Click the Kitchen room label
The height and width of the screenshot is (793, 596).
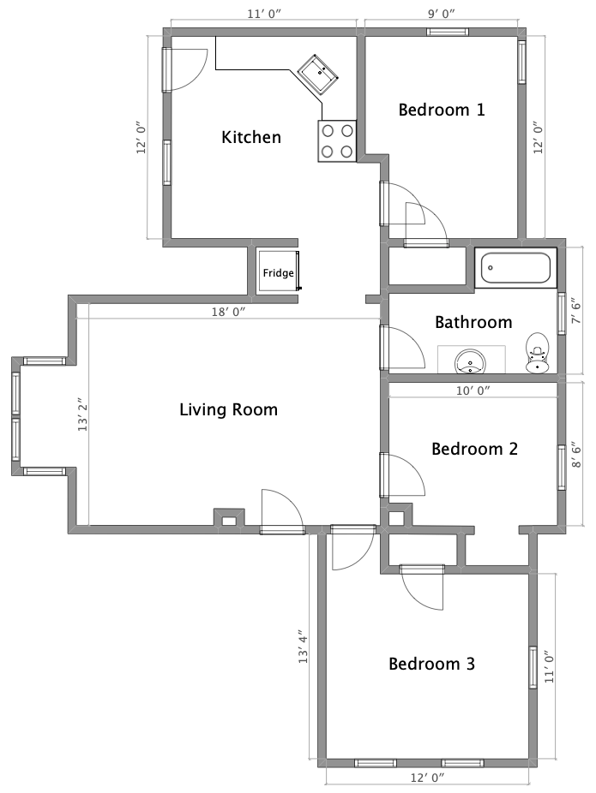[251, 137]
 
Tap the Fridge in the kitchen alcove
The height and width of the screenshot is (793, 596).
[278, 271]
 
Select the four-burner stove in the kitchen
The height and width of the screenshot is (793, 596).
[337, 141]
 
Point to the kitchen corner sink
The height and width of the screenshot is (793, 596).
[318, 74]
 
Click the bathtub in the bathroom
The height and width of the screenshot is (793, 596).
[515, 267]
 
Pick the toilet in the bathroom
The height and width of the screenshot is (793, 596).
[536, 353]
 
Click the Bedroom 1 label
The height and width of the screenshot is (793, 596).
[442, 110]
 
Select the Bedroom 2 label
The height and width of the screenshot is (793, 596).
[474, 449]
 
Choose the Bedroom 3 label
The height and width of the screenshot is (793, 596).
[431, 664]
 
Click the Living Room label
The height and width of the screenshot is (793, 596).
[228, 409]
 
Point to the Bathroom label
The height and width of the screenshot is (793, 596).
[473, 322]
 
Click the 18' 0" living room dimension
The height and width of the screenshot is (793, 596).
[228, 312]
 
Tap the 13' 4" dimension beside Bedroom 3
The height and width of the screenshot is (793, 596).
[303, 647]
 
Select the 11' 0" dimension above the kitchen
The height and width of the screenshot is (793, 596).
[263, 14]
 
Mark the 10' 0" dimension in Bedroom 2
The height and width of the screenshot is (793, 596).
[473, 391]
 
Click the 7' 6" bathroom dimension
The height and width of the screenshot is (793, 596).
[576, 313]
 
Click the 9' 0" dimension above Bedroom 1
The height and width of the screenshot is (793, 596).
[441, 14]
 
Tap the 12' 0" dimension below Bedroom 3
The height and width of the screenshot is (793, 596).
[427, 778]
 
